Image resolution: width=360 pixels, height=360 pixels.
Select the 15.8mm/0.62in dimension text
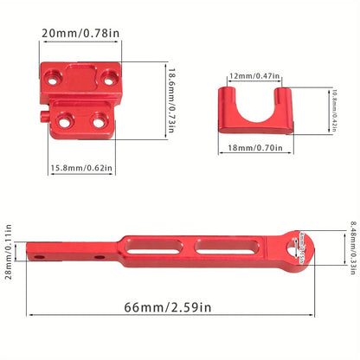click(x=80, y=169)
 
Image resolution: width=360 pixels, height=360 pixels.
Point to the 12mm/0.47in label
click(x=254, y=76)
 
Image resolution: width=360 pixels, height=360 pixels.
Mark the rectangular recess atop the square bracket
click(x=83, y=69)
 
